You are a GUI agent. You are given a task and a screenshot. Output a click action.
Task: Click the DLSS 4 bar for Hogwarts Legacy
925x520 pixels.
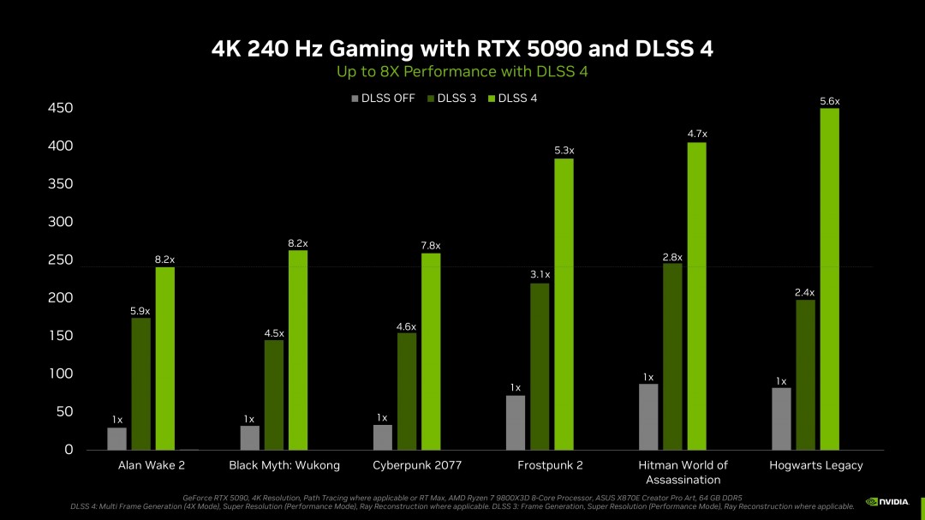pos(829,278)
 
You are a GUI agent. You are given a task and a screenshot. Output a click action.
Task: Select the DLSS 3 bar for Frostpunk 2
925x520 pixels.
pos(540,366)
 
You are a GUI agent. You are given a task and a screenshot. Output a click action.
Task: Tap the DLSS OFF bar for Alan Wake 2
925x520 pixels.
pos(116,438)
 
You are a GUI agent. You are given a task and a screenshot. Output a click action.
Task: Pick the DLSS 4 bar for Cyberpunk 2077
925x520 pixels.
pos(431,351)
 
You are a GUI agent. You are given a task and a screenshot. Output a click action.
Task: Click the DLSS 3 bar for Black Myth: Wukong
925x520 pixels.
pos(274,394)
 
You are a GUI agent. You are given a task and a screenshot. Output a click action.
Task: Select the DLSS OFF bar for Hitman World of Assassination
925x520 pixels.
pos(648,416)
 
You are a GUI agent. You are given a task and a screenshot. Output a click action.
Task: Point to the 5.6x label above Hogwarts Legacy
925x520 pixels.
pos(829,101)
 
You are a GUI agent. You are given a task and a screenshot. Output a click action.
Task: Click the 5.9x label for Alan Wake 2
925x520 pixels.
pos(140,311)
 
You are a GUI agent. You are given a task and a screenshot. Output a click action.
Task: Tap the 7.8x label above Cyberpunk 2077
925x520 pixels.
pos(431,246)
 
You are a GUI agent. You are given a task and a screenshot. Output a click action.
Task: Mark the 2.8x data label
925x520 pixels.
pos(672,256)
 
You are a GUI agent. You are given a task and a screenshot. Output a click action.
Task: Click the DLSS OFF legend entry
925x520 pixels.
pos(382,99)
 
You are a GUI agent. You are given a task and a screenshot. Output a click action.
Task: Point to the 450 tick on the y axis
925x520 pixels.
pos(60,108)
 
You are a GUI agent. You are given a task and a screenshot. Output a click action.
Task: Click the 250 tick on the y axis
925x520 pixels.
pos(60,260)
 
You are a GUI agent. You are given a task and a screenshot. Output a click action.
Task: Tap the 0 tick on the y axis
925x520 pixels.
pos(69,450)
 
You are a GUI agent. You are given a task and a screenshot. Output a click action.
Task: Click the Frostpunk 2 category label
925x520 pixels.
pos(550,465)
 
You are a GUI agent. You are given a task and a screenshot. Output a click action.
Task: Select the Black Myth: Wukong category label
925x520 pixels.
pos(284,465)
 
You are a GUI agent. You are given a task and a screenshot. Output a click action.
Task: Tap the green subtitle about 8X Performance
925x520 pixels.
pos(462,72)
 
